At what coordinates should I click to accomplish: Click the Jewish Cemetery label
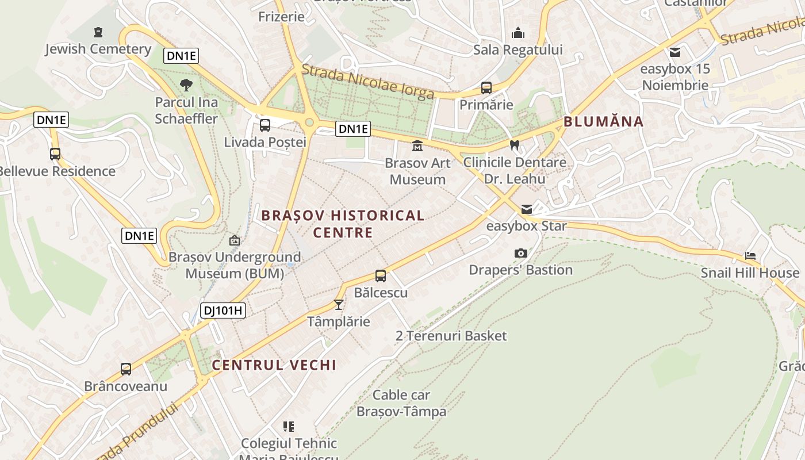98,49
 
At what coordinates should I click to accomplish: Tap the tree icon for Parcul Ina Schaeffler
186,86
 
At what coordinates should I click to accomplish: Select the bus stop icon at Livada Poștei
265,125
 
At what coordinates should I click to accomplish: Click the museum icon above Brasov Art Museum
417,145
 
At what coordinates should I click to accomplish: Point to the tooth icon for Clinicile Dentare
515,145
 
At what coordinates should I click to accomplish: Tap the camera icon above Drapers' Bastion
520,253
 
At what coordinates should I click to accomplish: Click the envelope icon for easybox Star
527,209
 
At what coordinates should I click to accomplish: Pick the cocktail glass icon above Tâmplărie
339,304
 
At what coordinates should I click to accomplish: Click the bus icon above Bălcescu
381,275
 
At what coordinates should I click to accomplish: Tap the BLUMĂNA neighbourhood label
603,121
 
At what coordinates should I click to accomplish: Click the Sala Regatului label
517,49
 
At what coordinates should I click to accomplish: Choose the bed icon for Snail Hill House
750,256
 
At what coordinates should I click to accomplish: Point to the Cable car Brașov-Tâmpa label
401,403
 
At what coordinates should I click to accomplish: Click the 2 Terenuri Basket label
451,336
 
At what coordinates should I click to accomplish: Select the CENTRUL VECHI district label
274,365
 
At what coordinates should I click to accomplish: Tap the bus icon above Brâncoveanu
126,369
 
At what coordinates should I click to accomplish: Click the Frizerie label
281,16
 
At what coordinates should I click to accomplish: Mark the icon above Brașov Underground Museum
234,240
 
